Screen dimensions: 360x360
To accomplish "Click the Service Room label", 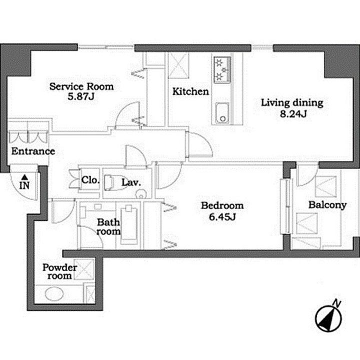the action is click(x=81, y=86).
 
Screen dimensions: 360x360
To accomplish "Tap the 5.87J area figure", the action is click(x=81, y=96).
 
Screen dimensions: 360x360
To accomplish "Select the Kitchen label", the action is click(x=190, y=91).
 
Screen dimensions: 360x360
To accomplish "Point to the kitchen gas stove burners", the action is click(x=222, y=69).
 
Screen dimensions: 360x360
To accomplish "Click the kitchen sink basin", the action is click(x=222, y=113).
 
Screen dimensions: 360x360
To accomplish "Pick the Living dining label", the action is click(x=292, y=103).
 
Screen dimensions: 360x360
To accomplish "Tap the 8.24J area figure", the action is click(x=293, y=113).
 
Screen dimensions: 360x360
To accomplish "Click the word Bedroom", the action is click(x=222, y=205).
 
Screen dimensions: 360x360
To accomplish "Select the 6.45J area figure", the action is click(x=222, y=216).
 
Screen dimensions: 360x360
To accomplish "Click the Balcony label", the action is click(x=327, y=205).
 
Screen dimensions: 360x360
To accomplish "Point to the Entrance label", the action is click(x=33, y=151).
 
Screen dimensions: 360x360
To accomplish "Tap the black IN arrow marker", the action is click(x=25, y=177).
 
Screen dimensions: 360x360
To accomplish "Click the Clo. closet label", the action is click(x=90, y=180).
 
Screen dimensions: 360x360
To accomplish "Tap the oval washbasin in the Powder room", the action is click(x=54, y=294).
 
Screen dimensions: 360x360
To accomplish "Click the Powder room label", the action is click(x=59, y=271).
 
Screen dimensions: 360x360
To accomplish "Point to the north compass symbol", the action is click(x=328, y=318).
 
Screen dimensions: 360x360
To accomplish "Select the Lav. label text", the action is click(x=131, y=182).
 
